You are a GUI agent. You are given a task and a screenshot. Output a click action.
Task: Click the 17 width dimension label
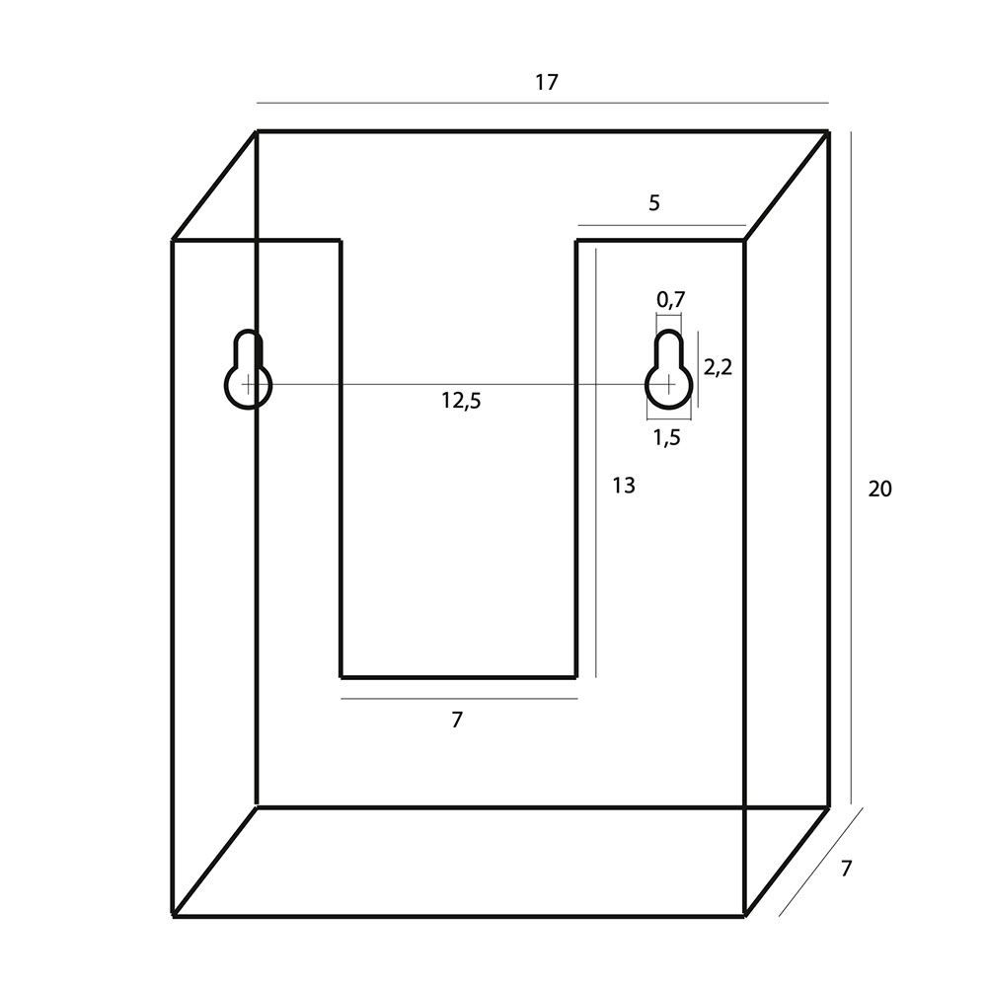(547, 83)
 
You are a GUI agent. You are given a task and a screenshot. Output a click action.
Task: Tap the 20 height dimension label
(879, 490)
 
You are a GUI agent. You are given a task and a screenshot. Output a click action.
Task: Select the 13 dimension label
(623, 486)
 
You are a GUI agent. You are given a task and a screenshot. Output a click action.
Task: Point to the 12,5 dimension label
(461, 401)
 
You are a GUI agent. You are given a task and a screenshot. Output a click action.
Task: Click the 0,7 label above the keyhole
(671, 300)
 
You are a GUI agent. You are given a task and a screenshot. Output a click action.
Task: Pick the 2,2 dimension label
(718, 367)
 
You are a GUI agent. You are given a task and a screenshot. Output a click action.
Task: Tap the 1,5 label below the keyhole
(666, 437)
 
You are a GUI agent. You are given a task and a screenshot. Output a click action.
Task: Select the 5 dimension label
(654, 203)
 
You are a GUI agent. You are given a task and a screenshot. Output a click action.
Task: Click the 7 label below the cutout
(457, 720)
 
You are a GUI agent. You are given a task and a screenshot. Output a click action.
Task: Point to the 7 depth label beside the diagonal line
(846, 869)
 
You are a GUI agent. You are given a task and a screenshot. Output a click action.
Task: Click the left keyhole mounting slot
(248, 369)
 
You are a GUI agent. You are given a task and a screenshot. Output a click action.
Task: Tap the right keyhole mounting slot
(668, 369)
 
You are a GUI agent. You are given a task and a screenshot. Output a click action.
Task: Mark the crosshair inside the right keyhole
(668, 383)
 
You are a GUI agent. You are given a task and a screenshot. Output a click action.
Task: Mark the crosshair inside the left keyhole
(249, 383)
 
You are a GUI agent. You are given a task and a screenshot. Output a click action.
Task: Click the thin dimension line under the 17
(543, 103)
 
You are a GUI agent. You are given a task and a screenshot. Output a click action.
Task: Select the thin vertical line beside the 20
(852, 468)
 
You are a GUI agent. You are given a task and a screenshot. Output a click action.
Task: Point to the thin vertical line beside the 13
(595, 463)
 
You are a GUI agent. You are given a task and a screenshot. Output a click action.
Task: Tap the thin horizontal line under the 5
(661, 225)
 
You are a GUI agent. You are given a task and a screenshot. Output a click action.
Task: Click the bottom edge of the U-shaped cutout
(458, 678)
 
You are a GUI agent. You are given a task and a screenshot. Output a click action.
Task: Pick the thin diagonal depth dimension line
(821, 862)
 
